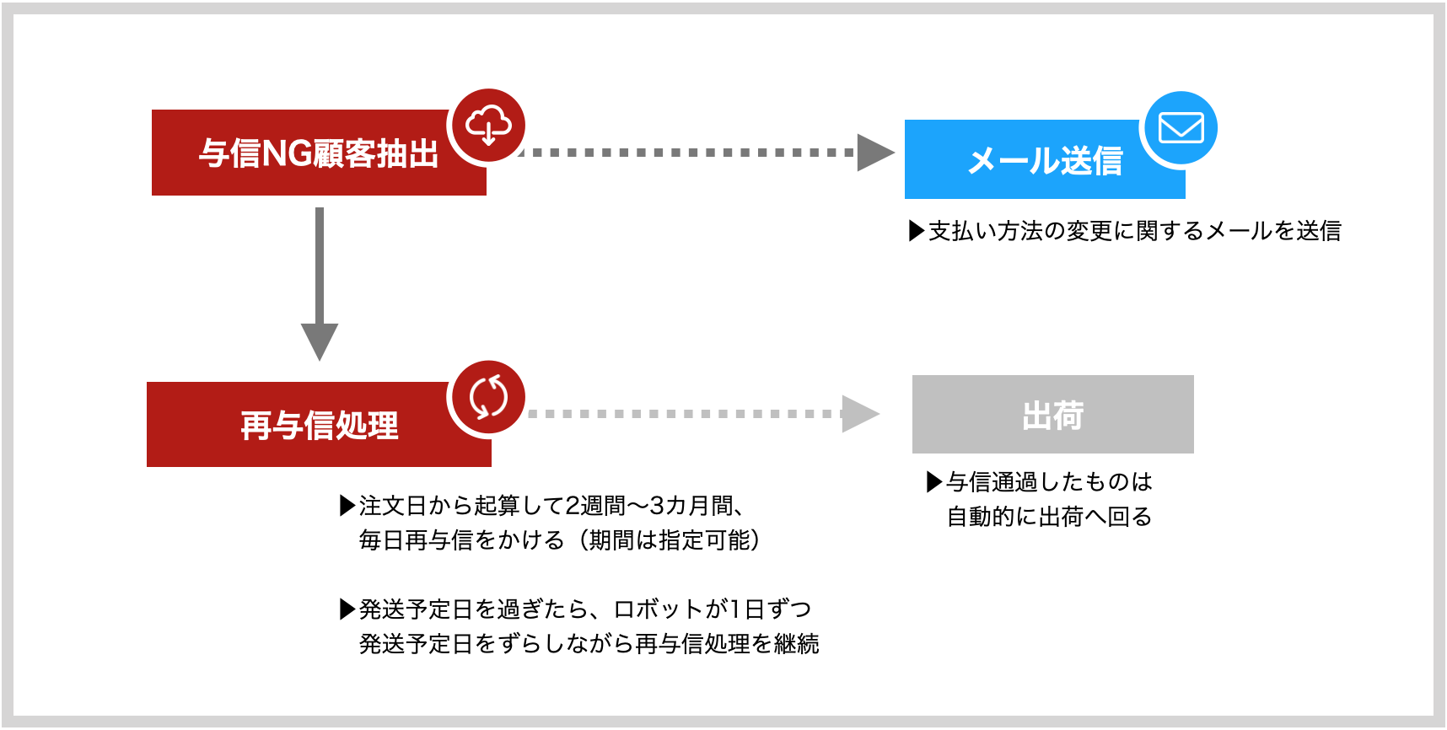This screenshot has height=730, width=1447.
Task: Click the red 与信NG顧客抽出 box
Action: pyautogui.click(x=319, y=153)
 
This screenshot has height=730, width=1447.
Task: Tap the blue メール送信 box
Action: pyautogui.click(x=1045, y=159)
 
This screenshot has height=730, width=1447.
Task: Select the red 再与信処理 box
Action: pyautogui.click(x=319, y=424)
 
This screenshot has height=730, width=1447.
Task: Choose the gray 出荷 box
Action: pyautogui.click(x=1053, y=414)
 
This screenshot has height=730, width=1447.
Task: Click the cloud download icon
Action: pyautogui.click(x=489, y=126)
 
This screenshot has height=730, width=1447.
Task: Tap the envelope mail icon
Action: pyautogui.click(x=1181, y=128)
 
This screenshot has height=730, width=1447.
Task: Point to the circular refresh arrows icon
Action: pyautogui.click(x=489, y=397)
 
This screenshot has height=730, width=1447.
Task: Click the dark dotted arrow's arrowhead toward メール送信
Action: pyautogui.click(x=875, y=153)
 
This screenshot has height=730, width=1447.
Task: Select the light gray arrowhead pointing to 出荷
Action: pyautogui.click(x=861, y=414)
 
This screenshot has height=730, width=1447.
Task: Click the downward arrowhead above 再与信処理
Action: pyautogui.click(x=320, y=341)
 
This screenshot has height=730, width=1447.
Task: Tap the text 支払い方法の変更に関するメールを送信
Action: pyautogui.click(x=1134, y=231)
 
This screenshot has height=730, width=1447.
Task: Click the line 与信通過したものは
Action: pyautogui.click(x=1049, y=482)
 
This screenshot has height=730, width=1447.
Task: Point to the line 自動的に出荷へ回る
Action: pyautogui.click(x=1049, y=517)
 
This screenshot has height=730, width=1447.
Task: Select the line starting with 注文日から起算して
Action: pyautogui.click(x=551, y=506)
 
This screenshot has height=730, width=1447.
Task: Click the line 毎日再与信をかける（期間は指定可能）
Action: pyautogui.click(x=560, y=540)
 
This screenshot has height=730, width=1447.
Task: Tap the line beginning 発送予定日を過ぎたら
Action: pyautogui.click(x=585, y=609)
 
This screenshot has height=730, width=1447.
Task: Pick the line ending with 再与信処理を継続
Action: pyautogui.click(x=589, y=644)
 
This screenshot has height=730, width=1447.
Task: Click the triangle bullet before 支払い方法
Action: pyautogui.click(x=917, y=231)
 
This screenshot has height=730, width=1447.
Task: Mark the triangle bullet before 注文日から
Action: pyautogui.click(x=347, y=506)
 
